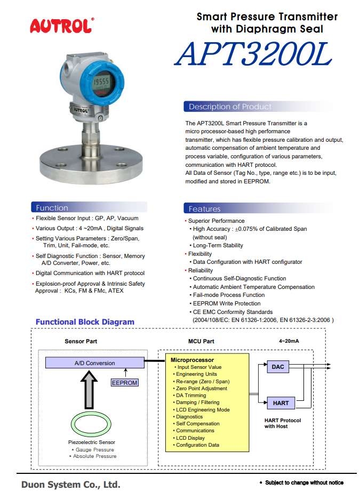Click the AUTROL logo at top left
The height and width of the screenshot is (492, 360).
pyautogui.click(x=62, y=25)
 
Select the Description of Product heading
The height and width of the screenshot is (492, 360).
pyautogui.click(x=230, y=107)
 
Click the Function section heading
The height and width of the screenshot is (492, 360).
pyautogui.click(x=52, y=208)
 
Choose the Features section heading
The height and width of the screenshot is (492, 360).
pyautogui.click(x=204, y=209)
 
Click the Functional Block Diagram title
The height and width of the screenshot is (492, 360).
pyautogui.click(x=85, y=322)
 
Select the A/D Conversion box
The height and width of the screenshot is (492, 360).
pyautogui.click(x=94, y=363)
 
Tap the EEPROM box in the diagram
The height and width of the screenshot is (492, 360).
pyautogui.click(x=125, y=383)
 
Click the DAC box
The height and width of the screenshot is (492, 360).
pyautogui.click(x=278, y=367)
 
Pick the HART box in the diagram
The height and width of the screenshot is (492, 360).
pyautogui.click(x=281, y=403)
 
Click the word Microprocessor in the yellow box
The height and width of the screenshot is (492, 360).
pyautogui.click(x=192, y=360)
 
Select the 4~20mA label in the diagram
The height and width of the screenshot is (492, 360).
pyautogui.click(x=289, y=341)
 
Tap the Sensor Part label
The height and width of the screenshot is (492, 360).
pyautogui.click(x=81, y=341)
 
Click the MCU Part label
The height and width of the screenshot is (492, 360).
pyautogui.click(x=201, y=341)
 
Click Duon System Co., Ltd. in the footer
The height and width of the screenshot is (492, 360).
pyautogui.click(x=71, y=485)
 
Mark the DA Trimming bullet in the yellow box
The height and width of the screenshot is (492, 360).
pyautogui.click(x=190, y=396)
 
